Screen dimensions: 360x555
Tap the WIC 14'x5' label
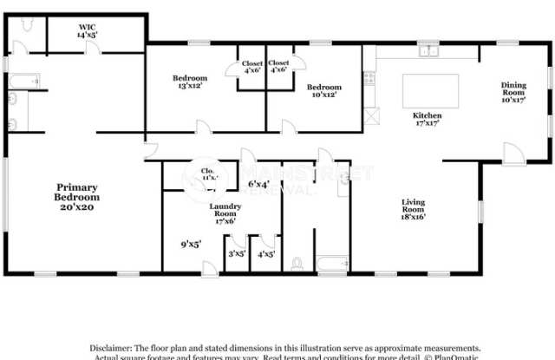pyautogui.click(x=87, y=32)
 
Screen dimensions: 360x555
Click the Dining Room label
pyautogui.click(x=513, y=91)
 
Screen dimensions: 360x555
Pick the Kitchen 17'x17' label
pyautogui.click(x=427, y=119)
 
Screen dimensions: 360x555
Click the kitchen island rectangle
pyautogui.click(x=430, y=89)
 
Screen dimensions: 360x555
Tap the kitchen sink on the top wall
pyautogui.click(x=428, y=51)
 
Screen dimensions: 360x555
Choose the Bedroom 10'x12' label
pyautogui.click(x=324, y=90)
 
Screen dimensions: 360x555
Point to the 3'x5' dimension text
pyautogui.click(x=236, y=254)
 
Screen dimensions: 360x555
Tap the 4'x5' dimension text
pyautogui.click(x=266, y=254)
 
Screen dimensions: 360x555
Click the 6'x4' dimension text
pyautogui.click(x=258, y=184)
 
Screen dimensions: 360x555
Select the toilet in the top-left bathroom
pyautogui.click(x=27, y=27)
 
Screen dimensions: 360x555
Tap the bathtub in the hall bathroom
pyautogui.click(x=333, y=262)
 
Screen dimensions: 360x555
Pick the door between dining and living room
pyautogui.click(x=514, y=154)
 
